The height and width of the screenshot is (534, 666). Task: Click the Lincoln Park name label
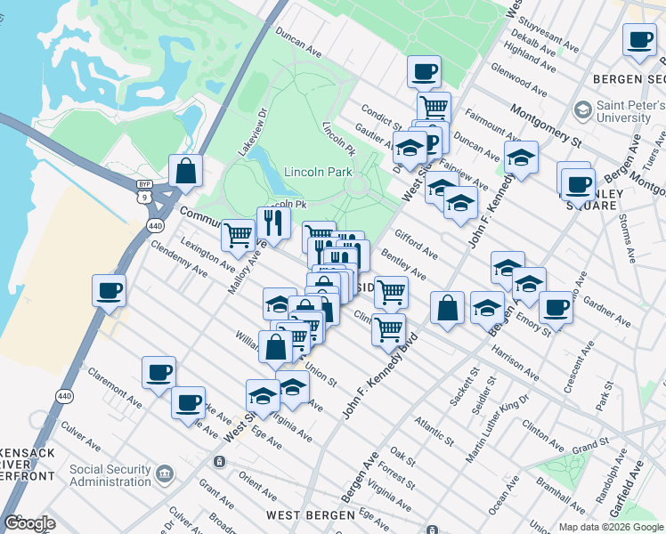[x=318, y=172]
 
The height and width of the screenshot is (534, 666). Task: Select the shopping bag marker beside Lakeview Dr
[x=185, y=170]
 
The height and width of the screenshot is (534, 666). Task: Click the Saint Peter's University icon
[x=583, y=110]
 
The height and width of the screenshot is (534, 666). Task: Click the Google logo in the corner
[x=29, y=523]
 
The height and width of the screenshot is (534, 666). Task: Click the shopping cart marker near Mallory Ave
[x=238, y=235]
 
